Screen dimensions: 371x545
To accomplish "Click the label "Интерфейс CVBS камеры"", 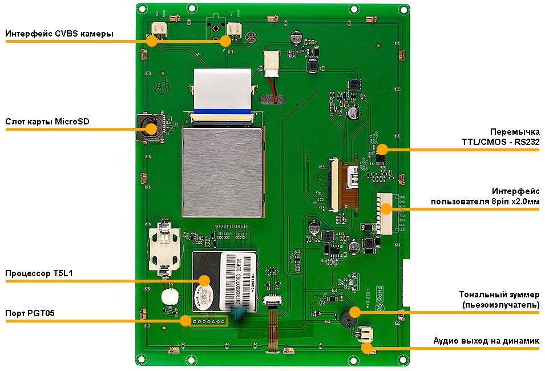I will click(x=59, y=34).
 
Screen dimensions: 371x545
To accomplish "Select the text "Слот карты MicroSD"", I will click(x=47, y=122).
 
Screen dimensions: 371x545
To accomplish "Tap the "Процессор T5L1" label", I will click(x=39, y=274).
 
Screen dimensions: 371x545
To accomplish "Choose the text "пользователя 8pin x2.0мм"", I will click(x=485, y=201).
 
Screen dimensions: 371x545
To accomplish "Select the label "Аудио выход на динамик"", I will click(x=486, y=341).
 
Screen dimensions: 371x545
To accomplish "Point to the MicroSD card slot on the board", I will click(x=150, y=127).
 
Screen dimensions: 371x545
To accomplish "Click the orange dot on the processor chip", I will click(x=204, y=280).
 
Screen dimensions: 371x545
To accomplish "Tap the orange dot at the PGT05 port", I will click(x=185, y=320).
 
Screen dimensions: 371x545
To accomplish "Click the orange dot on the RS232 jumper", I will click(x=382, y=150).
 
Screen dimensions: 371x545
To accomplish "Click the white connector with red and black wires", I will click(x=271, y=62).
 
